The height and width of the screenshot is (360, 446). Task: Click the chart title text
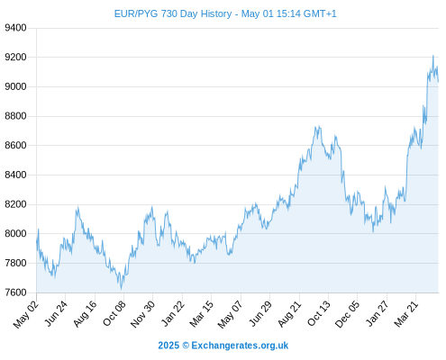tap(225, 13)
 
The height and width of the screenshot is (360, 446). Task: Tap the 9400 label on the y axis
tap(15, 28)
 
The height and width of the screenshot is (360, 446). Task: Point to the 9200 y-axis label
tap(15, 57)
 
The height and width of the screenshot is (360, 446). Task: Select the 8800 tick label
tap(15, 116)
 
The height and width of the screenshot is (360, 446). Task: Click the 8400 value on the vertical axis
tap(15, 175)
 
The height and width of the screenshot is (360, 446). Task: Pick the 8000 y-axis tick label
tap(15, 234)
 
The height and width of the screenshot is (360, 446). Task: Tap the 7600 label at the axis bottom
tap(15, 292)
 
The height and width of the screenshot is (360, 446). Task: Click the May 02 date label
tap(26, 314)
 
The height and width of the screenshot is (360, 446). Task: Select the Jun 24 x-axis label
tap(56, 313)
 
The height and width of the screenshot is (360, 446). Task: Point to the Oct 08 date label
tap(114, 313)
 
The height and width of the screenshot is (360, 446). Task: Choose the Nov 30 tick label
tap(142, 314)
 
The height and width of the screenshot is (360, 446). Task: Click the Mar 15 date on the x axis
tap(202, 313)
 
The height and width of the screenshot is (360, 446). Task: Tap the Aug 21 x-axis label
tap(289, 313)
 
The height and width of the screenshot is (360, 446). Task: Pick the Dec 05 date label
tap(347, 314)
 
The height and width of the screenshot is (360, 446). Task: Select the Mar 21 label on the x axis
tap(406, 313)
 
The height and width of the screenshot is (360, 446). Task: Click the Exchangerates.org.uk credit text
tap(240, 346)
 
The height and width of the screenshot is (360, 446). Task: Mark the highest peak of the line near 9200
tap(432, 56)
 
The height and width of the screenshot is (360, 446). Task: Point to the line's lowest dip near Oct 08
tap(121, 289)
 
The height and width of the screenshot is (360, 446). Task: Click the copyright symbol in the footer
tap(186, 346)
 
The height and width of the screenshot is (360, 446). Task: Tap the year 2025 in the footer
tap(168, 346)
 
